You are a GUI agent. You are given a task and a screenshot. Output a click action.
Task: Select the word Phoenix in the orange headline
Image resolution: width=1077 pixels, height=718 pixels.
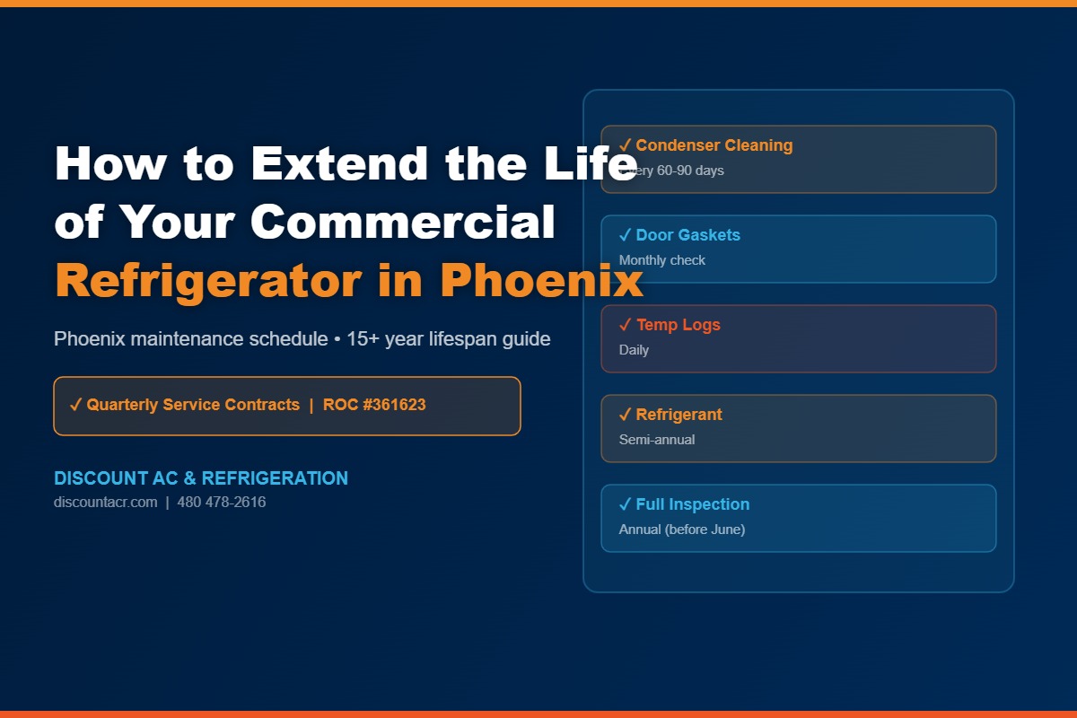[x=541, y=281]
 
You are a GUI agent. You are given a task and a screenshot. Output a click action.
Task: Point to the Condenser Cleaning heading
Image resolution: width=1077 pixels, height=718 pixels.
[x=714, y=145]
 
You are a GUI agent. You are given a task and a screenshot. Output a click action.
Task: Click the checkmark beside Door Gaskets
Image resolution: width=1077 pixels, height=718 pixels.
[x=625, y=235]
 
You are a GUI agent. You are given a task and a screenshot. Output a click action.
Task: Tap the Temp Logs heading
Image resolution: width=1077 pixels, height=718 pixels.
[x=678, y=325]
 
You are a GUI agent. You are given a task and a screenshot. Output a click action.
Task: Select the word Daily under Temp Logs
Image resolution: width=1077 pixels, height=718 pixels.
[x=634, y=350]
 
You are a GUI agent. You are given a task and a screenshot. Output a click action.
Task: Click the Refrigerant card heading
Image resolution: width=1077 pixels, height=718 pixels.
[x=679, y=415]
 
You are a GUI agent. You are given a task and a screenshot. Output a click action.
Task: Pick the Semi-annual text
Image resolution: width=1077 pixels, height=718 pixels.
[x=656, y=440]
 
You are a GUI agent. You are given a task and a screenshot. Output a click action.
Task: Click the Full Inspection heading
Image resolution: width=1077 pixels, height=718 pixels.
[x=692, y=504]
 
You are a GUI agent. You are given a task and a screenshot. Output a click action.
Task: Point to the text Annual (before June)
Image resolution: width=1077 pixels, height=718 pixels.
[x=681, y=530]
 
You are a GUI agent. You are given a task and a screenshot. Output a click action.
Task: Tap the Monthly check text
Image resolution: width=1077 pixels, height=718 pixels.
[x=661, y=260]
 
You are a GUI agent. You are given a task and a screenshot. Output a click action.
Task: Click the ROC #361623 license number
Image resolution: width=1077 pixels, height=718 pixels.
[x=374, y=405]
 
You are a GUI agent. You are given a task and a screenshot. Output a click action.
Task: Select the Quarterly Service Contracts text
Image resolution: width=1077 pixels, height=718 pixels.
[x=193, y=405]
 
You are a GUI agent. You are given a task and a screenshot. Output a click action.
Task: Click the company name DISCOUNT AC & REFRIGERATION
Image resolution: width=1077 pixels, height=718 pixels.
[x=201, y=478]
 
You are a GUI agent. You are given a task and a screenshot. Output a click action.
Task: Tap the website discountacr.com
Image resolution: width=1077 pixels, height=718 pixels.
[x=105, y=503]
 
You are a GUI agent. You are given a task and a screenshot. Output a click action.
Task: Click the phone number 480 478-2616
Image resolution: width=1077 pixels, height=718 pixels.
[x=222, y=503]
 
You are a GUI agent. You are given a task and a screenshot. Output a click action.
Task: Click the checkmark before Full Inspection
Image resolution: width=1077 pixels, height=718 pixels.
[x=625, y=504]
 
